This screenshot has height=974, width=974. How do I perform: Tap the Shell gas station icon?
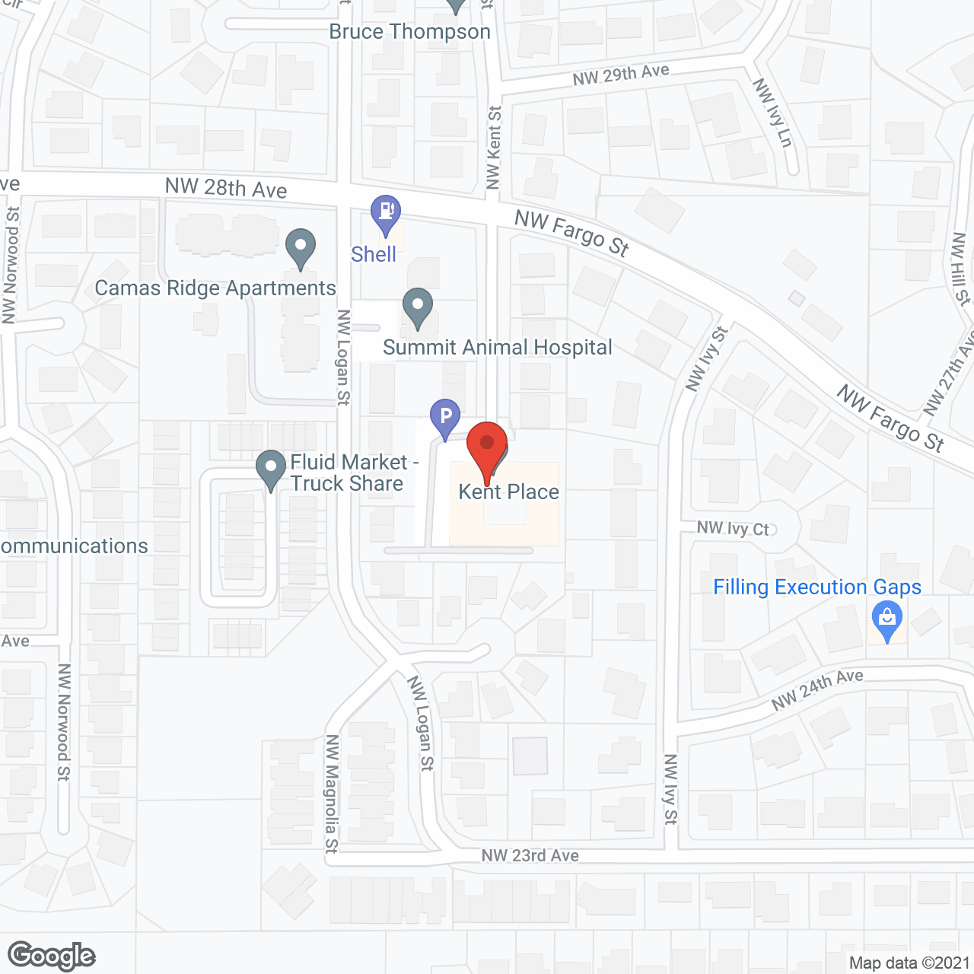pyautogui.click(x=386, y=214)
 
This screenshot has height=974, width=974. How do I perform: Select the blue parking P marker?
pyautogui.click(x=445, y=418)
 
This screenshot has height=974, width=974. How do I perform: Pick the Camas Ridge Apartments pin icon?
pyautogui.click(x=301, y=247)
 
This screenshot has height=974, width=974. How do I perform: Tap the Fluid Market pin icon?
pyautogui.click(x=270, y=469)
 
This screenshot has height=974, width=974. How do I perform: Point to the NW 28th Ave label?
pyautogui.click(x=226, y=188)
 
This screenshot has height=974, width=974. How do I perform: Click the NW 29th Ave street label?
pyautogui.click(x=621, y=75)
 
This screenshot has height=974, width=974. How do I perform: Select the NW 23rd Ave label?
pyautogui.click(x=530, y=855)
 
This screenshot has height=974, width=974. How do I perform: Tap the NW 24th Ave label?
pyautogui.click(x=817, y=689)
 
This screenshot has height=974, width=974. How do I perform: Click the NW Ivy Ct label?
pyautogui.click(x=733, y=528)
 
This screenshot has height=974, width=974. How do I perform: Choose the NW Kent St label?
pyautogui.click(x=494, y=147)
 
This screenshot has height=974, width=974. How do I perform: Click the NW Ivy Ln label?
pyautogui.click(x=773, y=112)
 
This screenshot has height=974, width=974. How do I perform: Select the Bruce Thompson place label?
pyautogui.click(x=409, y=32)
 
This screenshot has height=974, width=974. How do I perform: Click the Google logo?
pyautogui.click(x=52, y=956)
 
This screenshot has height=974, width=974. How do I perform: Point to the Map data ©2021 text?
pyautogui.click(x=909, y=963)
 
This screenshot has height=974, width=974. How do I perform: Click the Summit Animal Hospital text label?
pyautogui.click(x=498, y=348)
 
